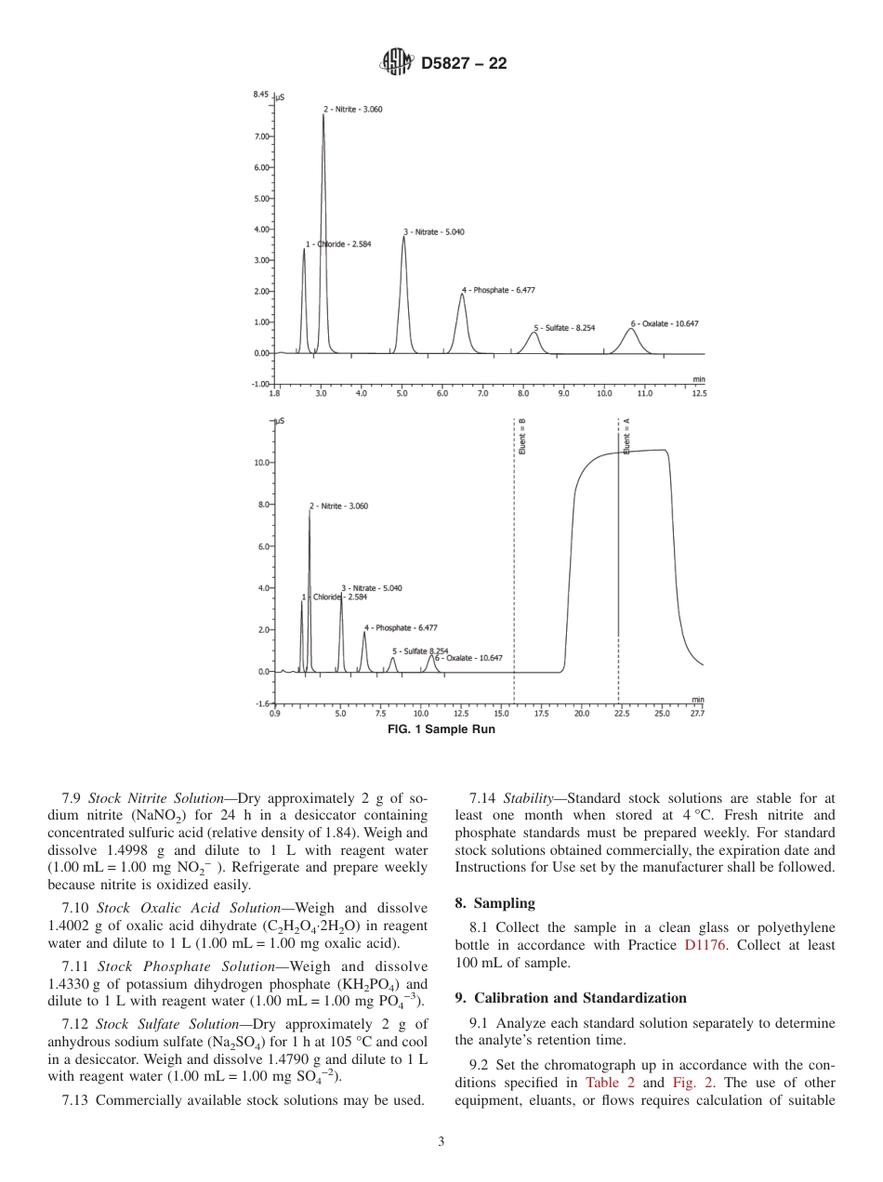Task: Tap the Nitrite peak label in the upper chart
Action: [354, 110]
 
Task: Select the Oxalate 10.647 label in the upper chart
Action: [665, 323]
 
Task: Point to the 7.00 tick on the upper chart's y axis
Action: [262, 137]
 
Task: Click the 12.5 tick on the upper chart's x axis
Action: [698, 394]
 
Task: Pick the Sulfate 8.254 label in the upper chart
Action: [564, 328]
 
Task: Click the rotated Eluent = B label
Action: [522, 436]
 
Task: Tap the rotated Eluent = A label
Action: [626, 436]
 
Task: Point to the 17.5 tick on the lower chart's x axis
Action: [541, 714]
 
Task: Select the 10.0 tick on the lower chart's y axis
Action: [261, 463]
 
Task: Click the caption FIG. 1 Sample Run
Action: [441, 729]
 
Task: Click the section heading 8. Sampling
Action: [494, 903]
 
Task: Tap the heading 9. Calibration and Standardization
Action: [571, 998]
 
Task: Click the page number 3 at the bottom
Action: [441, 1142]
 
